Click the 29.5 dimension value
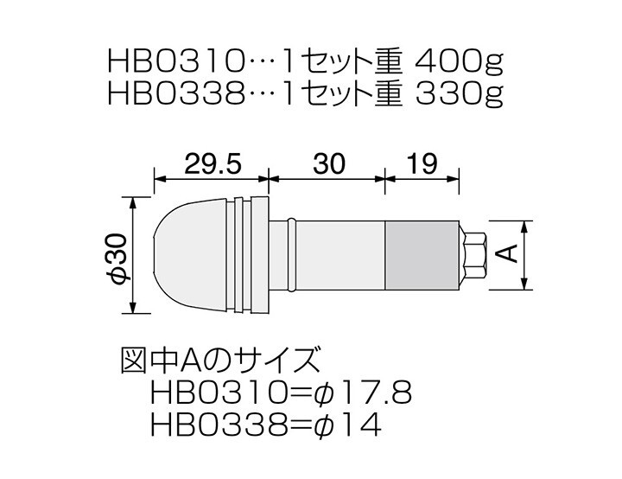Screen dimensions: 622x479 pos(213,163)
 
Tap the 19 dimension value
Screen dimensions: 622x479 pos(422,163)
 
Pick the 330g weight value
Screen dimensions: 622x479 pos(459,94)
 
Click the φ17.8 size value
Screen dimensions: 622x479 pos(363,393)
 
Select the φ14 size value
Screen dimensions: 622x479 pos(347,425)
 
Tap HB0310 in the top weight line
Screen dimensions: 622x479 pos(175,63)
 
